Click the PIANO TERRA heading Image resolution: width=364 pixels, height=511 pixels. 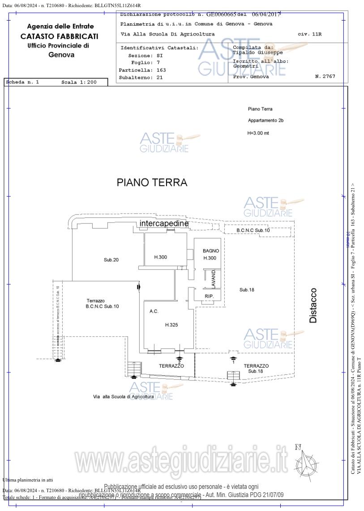click(x=152, y=182)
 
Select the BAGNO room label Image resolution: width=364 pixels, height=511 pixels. click(x=210, y=251)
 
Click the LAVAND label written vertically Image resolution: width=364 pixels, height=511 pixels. click(x=214, y=279)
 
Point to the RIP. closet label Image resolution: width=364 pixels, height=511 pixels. click(x=209, y=296)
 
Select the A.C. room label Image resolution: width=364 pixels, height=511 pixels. click(x=154, y=311)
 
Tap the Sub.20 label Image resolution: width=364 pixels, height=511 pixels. click(x=111, y=260)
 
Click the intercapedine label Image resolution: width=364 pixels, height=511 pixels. click(x=164, y=223)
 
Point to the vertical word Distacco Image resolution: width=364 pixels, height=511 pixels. click(x=313, y=305)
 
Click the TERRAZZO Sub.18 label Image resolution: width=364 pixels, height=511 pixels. click(x=256, y=368)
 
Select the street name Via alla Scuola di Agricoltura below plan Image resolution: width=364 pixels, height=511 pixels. click(x=123, y=397)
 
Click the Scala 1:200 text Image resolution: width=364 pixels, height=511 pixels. click(x=79, y=82)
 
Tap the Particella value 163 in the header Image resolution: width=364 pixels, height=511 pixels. click(x=161, y=70)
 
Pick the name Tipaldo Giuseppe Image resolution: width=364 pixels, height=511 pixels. click(x=257, y=52)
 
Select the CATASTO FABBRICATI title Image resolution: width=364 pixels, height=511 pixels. click(x=60, y=36)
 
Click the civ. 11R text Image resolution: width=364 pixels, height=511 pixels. click(x=308, y=34)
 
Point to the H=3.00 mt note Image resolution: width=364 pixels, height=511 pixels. click(x=258, y=133)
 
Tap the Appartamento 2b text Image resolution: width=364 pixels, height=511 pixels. click(x=266, y=121)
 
